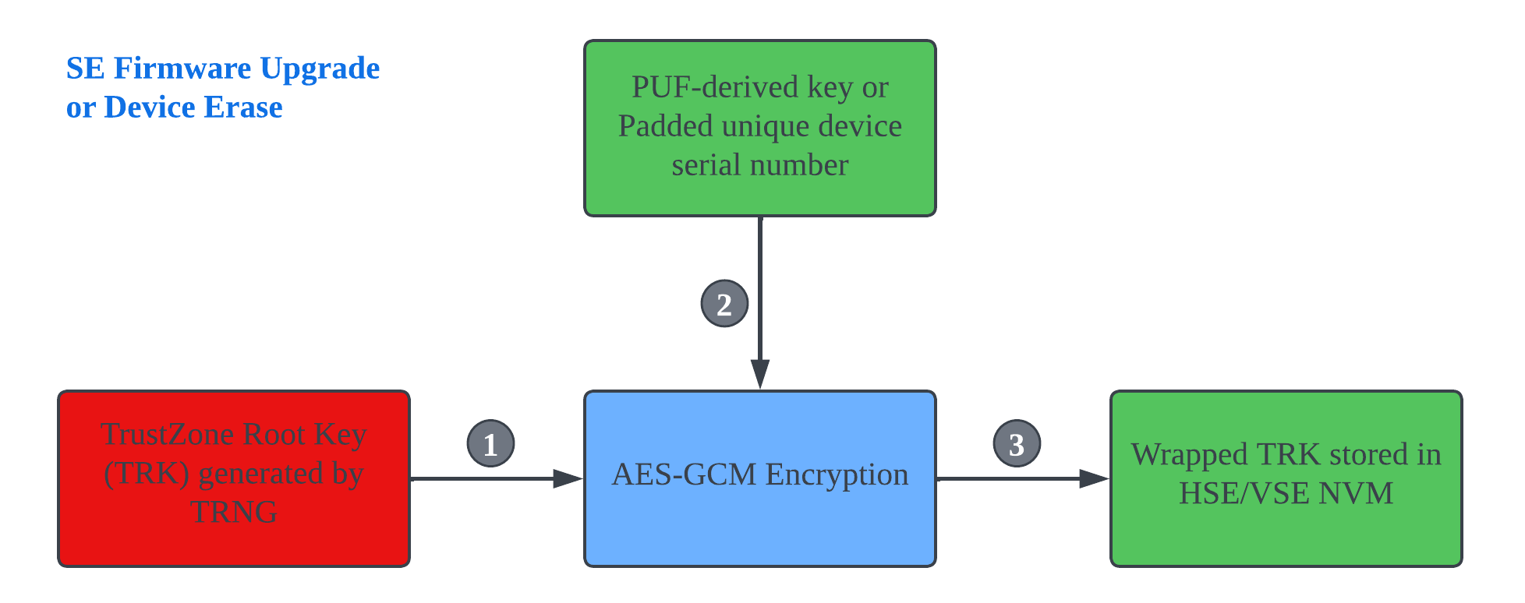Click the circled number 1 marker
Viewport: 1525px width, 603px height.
click(x=490, y=444)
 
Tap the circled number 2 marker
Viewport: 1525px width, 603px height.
click(x=724, y=304)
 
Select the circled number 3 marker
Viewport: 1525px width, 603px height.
click(x=1017, y=444)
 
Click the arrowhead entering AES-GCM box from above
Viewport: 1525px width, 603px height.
click(x=760, y=374)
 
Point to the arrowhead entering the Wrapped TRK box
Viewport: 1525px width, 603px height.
click(x=1093, y=479)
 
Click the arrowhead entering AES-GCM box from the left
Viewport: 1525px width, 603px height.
click(x=567, y=479)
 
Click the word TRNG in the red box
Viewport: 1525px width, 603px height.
click(x=234, y=513)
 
